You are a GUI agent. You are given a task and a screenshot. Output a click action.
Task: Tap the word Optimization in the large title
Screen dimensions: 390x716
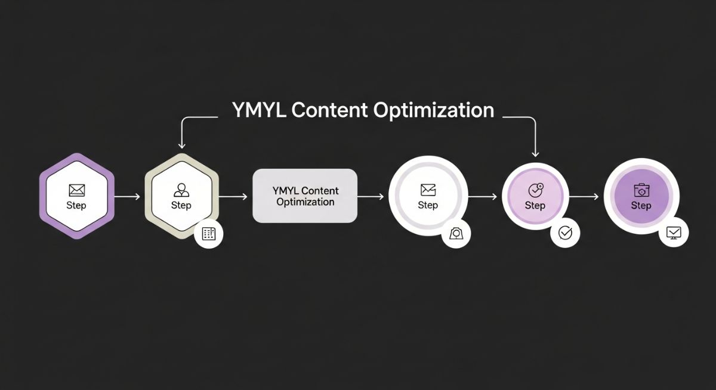click(434, 111)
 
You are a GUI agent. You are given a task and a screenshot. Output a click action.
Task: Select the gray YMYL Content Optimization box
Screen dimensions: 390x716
click(305, 196)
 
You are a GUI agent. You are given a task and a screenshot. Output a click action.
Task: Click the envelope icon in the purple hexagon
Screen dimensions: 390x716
click(76, 190)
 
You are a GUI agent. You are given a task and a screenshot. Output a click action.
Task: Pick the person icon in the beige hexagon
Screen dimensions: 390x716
click(181, 190)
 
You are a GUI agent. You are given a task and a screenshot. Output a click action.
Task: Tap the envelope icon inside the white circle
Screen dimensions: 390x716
click(428, 190)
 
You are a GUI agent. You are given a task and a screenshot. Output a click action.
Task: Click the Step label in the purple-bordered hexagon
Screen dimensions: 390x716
click(76, 206)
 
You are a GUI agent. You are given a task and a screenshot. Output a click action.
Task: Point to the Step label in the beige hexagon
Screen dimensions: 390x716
click(181, 206)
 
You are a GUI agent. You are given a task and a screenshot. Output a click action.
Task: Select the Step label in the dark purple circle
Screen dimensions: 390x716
click(641, 206)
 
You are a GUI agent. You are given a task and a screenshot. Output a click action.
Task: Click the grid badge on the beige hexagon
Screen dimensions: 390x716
click(208, 234)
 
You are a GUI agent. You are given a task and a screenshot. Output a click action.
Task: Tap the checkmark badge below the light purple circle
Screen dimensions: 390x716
click(564, 234)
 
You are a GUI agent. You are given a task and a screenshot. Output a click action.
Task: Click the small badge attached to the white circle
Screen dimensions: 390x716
click(456, 233)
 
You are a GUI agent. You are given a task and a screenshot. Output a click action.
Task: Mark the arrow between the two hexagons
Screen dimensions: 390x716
click(126, 196)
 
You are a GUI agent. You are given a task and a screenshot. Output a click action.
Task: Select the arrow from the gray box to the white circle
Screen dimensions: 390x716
click(371, 196)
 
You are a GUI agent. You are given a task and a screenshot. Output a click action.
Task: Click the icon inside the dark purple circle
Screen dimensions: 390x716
click(641, 190)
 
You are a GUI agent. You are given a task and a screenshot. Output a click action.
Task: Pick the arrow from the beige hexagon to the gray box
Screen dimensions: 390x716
click(233, 196)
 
